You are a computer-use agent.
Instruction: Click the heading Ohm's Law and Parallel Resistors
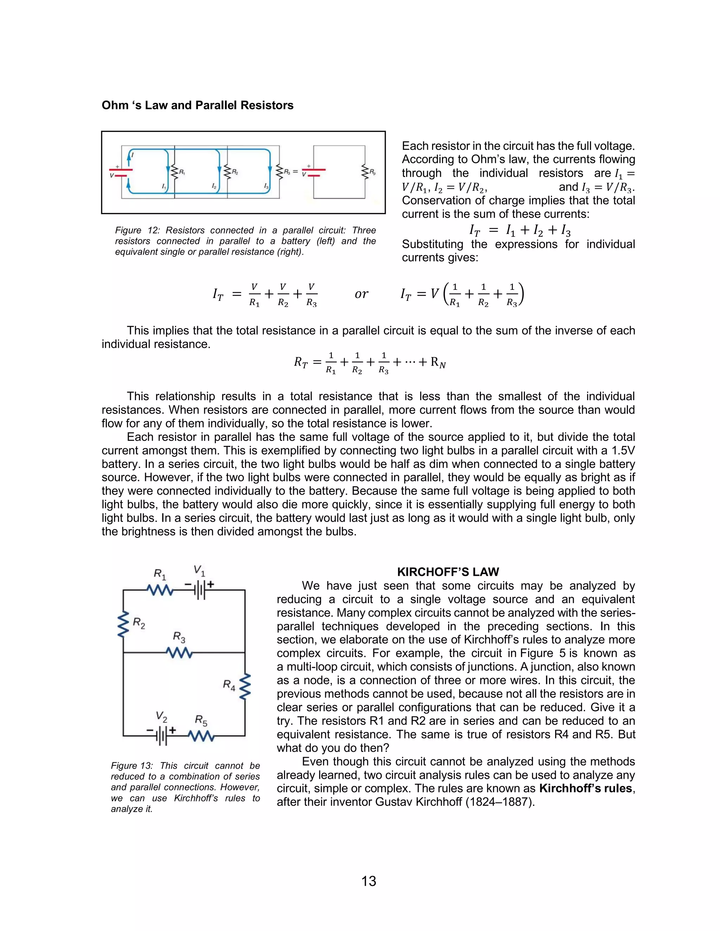click(x=198, y=105)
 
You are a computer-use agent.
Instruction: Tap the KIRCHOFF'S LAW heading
click(x=448, y=572)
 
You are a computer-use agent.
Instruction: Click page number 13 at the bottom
click(x=368, y=881)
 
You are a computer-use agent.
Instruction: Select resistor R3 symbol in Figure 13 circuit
click(x=179, y=653)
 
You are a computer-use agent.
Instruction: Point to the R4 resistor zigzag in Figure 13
click(x=245, y=687)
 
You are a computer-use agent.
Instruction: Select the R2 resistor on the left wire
click(x=123, y=625)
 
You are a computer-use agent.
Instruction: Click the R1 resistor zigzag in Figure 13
click(x=160, y=590)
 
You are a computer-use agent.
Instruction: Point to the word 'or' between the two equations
click(x=361, y=294)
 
